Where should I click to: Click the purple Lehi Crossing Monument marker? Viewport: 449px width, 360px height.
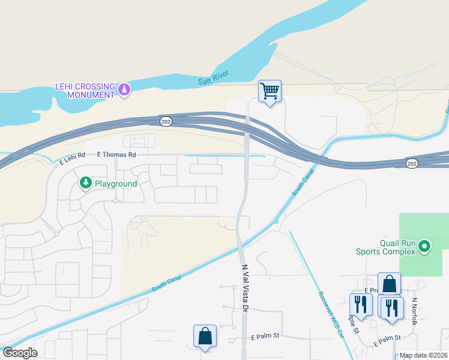[124, 90]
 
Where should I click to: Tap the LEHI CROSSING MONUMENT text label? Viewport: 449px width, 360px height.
[85, 91]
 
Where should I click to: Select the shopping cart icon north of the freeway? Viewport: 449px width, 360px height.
[270, 92]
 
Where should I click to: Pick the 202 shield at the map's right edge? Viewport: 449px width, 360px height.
[412, 163]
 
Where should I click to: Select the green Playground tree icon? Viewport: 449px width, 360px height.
[85, 182]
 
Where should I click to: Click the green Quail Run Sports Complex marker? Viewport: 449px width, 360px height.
[424, 246]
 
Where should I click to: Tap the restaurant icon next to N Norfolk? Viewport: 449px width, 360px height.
[392, 308]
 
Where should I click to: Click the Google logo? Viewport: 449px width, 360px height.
[20, 353]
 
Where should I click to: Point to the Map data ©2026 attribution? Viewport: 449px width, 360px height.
[423, 355]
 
